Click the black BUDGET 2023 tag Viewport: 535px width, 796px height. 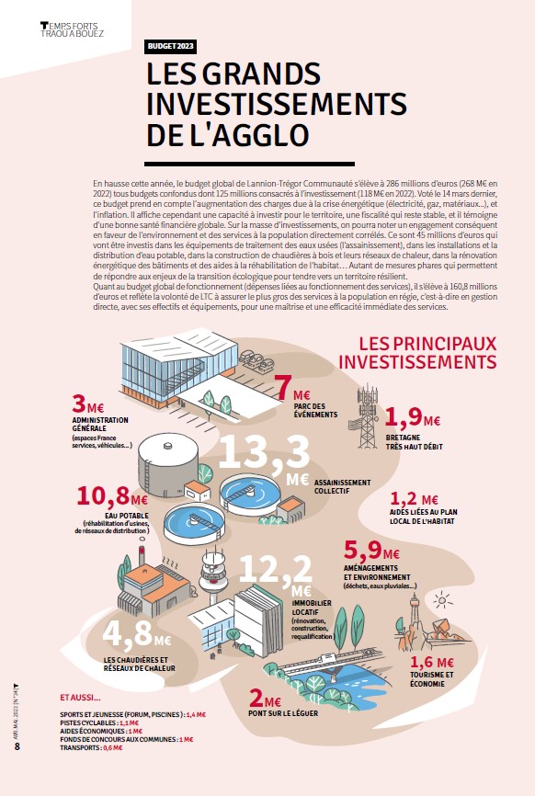click(171, 46)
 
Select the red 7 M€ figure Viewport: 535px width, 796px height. click(293, 389)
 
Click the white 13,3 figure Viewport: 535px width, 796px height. click(264, 452)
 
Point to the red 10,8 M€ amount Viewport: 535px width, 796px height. click(112, 496)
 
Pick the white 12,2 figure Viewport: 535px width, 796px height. click(276, 569)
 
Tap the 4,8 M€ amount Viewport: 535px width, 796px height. click(137, 634)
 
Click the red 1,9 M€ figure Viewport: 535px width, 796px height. click(412, 417)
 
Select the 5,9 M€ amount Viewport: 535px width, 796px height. click(371, 550)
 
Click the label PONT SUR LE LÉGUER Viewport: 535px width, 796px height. click(283, 713)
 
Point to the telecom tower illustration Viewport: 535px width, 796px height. click(367, 417)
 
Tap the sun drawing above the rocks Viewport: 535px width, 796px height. click(443, 600)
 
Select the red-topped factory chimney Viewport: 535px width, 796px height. click(142, 556)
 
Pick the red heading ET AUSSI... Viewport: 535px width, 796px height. click(80, 698)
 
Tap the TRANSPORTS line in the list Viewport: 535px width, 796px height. click(91, 748)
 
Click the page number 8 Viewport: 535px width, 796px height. click(17, 746)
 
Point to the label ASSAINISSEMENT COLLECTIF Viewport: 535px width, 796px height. click(342, 487)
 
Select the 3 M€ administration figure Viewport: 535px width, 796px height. click(88, 404)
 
